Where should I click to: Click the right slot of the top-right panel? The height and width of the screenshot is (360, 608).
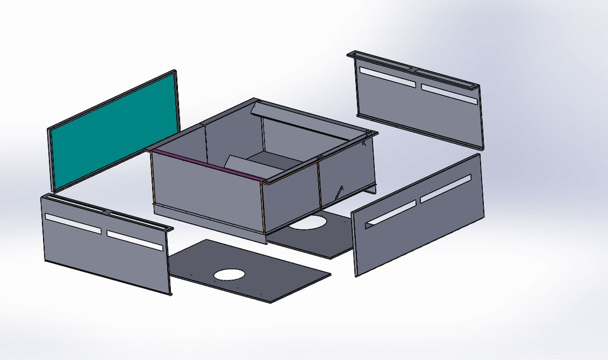click(x=448, y=93)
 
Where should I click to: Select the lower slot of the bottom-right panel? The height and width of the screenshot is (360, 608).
click(x=391, y=212)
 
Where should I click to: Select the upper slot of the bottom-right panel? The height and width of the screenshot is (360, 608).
click(x=445, y=188)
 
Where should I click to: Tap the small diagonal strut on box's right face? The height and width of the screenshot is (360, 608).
click(x=341, y=191)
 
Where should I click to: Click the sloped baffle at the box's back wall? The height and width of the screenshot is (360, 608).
click(x=304, y=126)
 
